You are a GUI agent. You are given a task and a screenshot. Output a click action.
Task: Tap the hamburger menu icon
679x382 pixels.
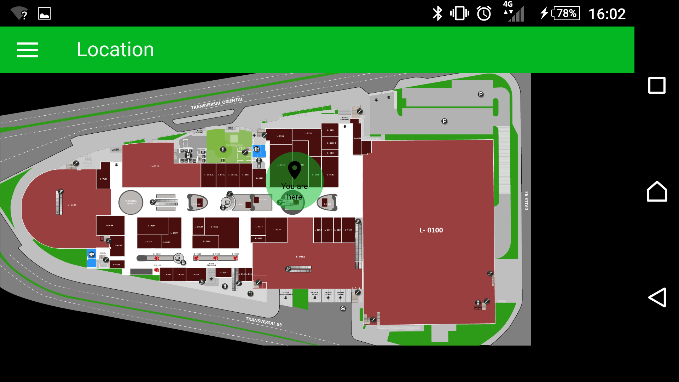pos(28,50)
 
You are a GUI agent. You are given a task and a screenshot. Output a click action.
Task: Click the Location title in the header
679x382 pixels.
pos(115,50)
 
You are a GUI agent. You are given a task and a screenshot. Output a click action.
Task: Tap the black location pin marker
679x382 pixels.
pos(294,170)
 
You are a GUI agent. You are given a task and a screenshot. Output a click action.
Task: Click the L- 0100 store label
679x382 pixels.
pos(431,230)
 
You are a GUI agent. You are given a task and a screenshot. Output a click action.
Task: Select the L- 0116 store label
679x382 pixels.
pos(155,166)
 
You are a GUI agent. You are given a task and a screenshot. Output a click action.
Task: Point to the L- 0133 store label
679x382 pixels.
pos(72,205)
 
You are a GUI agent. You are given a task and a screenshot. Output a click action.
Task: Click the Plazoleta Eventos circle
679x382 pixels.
pos(131,202)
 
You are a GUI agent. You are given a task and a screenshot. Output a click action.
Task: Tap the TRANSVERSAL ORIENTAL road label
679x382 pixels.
pos(217,103)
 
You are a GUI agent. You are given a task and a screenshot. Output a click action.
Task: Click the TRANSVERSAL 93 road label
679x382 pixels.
pos(264,322)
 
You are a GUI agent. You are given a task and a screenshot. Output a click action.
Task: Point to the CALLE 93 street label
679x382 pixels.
pos(526,201)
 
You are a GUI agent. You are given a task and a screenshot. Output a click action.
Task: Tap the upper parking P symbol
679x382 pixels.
pos(481,94)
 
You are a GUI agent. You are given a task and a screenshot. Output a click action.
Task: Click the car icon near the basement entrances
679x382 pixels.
pos(343,308)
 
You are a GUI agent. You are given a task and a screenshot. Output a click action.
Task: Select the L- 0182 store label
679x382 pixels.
pos(300,257)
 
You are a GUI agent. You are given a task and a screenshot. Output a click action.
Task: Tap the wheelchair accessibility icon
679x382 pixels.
pos(202,282)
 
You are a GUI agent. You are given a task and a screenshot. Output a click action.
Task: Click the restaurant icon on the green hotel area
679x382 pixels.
pos(223,149)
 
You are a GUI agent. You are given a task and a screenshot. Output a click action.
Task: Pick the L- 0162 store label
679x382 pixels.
pos(215,227)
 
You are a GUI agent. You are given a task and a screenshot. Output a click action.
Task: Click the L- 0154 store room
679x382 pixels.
pos(152,226)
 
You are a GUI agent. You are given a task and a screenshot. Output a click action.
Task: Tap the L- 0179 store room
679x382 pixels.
pos(277,230)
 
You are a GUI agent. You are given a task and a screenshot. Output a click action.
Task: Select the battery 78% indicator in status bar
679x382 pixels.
pos(566,13)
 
